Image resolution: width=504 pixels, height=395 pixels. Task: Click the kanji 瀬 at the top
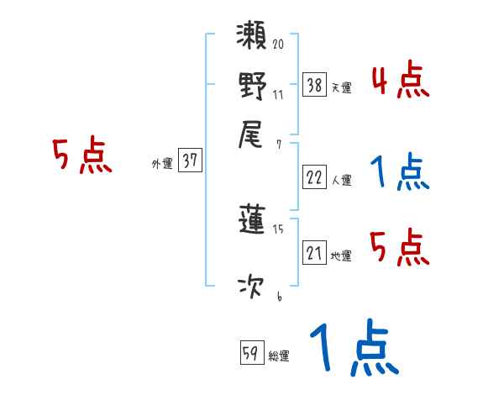pyautogui.click(x=253, y=39)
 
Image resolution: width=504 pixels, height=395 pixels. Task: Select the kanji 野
pyautogui.click(x=253, y=87)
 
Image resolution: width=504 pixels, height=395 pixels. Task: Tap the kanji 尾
pyautogui.click(x=253, y=134)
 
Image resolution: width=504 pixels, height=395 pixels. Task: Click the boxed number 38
pyautogui.click(x=314, y=84)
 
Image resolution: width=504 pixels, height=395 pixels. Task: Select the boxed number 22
pyautogui.click(x=314, y=176)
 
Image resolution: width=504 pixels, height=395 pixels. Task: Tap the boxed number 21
pyautogui.click(x=314, y=253)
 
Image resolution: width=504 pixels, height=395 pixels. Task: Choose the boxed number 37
pyautogui.click(x=190, y=161)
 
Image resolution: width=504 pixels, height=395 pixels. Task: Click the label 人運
pyautogui.click(x=340, y=180)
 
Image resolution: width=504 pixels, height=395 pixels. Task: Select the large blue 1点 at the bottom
pyautogui.click(x=353, y=349)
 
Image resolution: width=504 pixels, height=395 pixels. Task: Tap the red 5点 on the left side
pyautogui.click(x=81, y=157)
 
